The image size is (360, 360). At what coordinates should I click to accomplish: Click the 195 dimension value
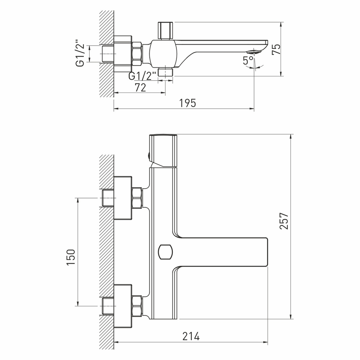(188, 103)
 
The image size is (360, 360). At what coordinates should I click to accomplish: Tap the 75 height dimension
(276, 49)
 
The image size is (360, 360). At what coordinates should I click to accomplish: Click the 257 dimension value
(284, 221)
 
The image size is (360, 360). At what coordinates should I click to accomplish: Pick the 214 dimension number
(190, 336)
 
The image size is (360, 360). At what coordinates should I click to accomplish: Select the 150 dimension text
(71, 257)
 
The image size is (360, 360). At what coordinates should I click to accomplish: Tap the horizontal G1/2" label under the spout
(142, 76)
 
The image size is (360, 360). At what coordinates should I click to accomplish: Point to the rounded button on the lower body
(165, 251)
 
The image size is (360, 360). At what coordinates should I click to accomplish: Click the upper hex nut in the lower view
(137, 198)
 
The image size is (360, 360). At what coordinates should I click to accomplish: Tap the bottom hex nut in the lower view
(137, 306)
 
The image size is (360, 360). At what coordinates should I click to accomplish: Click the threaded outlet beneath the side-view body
(166, 72)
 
